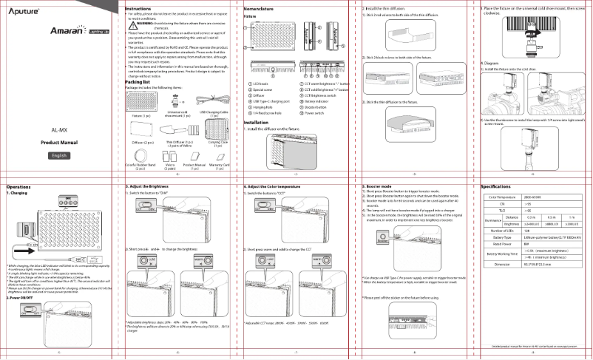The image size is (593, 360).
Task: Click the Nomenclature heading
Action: (263, 7)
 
